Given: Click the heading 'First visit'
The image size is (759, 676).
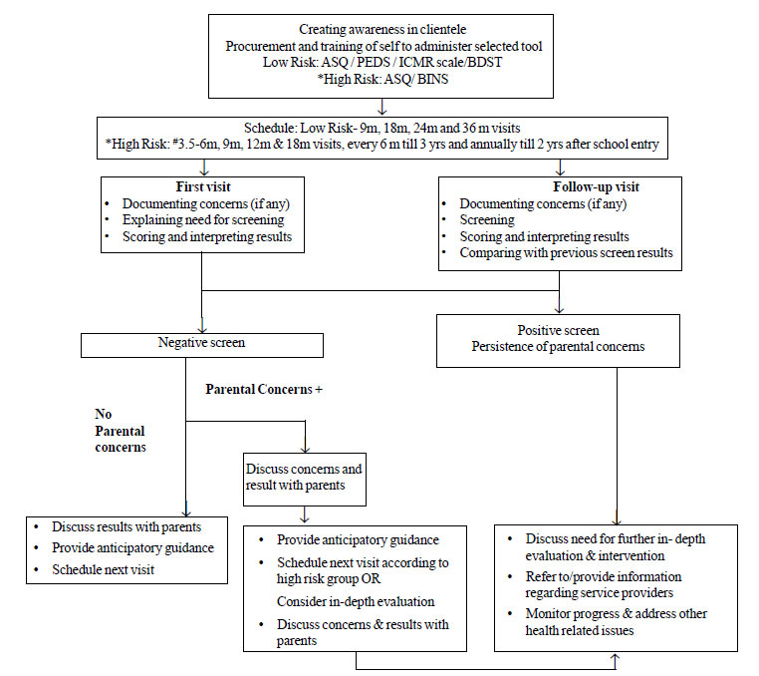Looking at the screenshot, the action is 203,187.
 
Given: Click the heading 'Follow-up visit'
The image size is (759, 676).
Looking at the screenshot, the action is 596,187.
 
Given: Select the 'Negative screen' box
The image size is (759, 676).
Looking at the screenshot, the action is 202,345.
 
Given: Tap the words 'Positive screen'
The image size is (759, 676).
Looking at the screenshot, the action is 558,330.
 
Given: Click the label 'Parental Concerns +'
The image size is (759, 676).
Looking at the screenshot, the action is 264,389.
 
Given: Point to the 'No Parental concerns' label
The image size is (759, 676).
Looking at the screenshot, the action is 121,431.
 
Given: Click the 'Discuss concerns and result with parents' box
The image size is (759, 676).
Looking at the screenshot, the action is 305,480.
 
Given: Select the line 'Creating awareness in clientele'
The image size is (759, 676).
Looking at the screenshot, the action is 382,30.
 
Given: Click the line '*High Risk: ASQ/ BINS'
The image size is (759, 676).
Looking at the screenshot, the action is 382,79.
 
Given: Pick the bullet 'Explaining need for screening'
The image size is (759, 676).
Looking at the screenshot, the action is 203,220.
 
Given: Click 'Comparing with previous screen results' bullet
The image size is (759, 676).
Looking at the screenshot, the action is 566,253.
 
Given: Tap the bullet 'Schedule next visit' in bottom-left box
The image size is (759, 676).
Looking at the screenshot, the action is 104,569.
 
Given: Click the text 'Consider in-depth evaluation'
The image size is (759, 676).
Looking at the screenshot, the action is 356,601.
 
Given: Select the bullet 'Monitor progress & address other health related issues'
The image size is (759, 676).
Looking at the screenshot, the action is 616,622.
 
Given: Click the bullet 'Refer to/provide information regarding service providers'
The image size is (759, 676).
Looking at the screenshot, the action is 604,584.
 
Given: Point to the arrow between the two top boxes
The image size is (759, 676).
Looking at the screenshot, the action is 382,107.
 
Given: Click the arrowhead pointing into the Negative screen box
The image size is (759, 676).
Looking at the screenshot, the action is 202,329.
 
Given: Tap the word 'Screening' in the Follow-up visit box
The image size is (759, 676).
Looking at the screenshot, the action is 487,220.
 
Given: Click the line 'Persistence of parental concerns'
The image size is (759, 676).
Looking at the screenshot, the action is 558,347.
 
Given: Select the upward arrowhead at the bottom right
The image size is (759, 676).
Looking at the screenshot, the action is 616,657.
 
